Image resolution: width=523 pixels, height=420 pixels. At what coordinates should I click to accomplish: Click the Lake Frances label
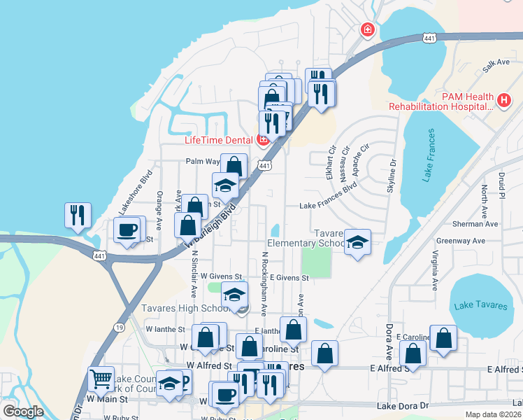click(x=428, y=156)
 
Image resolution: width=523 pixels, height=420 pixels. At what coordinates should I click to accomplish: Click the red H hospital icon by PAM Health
click(x=503, y=101)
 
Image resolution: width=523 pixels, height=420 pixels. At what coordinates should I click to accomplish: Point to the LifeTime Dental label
click(x=217, y=140)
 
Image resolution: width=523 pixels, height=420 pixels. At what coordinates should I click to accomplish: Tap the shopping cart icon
click(x=101, y=380)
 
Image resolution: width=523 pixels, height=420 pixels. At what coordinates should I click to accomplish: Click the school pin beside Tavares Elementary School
click(x=357, y=243)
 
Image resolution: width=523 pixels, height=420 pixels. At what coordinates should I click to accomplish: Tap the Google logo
click(x=23, y=412)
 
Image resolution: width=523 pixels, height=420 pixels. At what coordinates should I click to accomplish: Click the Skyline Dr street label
click(x=392, y=175)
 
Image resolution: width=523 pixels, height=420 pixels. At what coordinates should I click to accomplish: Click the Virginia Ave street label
click(x=435, y=271)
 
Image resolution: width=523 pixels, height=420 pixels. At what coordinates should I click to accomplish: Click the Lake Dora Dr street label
click(x=402, y=406)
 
